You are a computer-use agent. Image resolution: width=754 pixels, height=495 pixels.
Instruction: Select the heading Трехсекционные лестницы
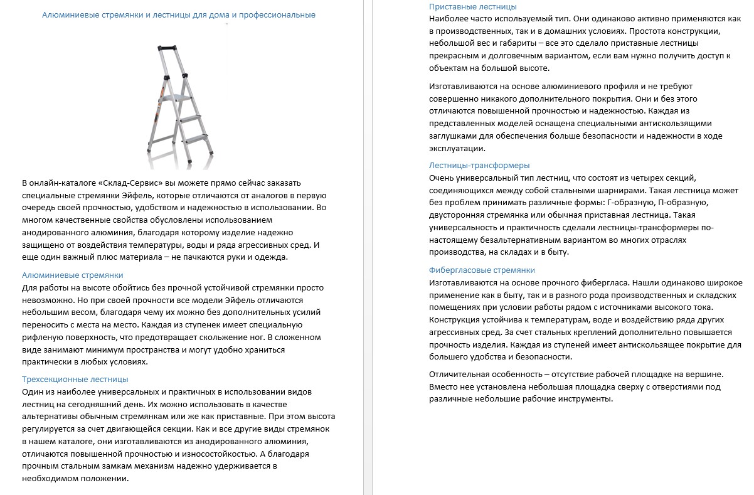(x=75, y=380)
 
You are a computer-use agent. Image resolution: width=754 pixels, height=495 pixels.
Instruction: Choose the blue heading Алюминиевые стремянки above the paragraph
(x=73, y=275)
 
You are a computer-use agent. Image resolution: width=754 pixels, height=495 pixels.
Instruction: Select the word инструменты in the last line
(x=580, y=399)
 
